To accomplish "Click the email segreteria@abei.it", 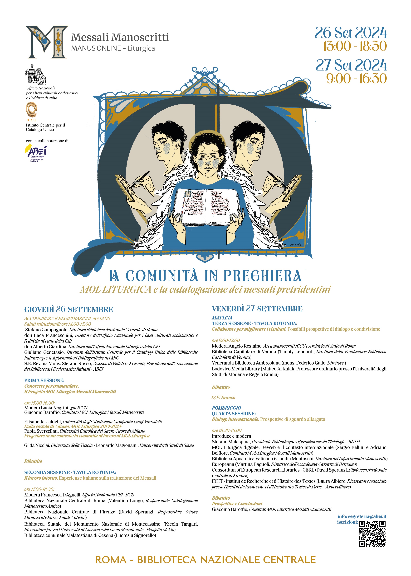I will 367,516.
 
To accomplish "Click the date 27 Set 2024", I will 351,65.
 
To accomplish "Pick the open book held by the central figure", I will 206,207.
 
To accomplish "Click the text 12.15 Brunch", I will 223,397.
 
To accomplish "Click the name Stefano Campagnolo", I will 47,330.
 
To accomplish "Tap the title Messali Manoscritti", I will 120,37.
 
